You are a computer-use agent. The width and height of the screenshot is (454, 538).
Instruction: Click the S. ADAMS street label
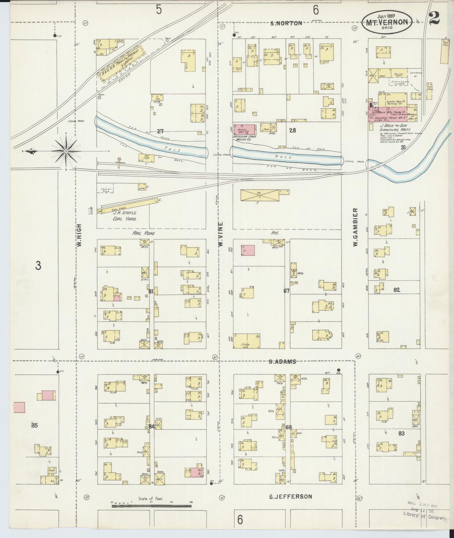click(282, 361)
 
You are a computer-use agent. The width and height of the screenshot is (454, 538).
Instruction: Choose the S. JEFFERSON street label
click(291, 497)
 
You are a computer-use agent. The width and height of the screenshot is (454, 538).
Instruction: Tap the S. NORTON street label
click(286, 23)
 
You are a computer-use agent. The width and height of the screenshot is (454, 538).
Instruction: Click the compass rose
click(66, 151)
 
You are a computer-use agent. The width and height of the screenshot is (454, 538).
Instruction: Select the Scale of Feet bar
click(151, 506)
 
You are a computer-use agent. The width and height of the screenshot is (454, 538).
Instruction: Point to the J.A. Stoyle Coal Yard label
click(125, 216)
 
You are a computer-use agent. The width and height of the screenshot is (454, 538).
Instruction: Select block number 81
click(151, 291)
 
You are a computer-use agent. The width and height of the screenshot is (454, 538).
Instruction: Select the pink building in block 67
click(248, 250)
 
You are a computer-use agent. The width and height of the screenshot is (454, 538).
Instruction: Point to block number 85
click(35, 426)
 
